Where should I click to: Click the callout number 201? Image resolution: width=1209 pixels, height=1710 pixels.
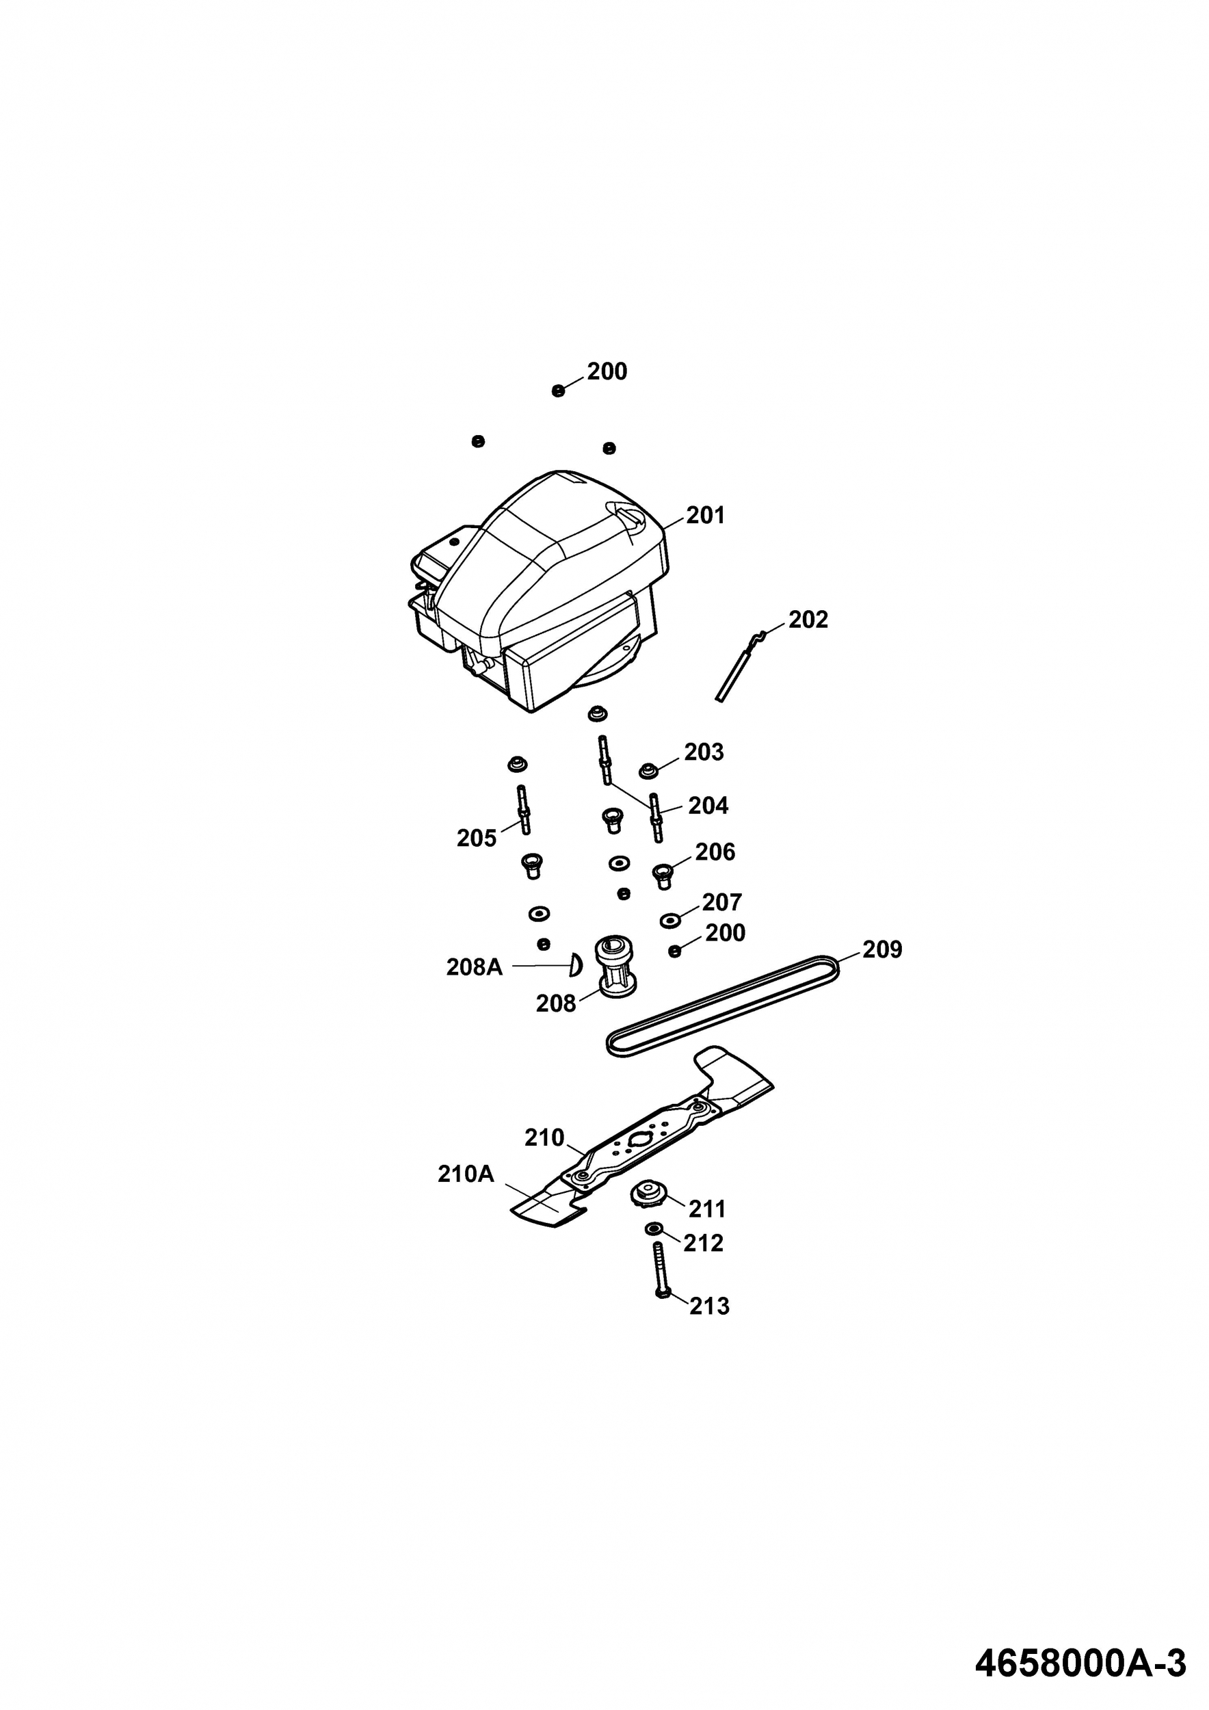(704, 515)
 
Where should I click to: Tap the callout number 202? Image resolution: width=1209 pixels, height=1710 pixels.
(807, 620)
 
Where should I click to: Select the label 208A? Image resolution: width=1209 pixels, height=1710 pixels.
(474, 967)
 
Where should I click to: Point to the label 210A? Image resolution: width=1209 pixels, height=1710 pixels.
(465, 1174)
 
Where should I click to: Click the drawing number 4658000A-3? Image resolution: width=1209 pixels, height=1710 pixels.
(1080, 1658)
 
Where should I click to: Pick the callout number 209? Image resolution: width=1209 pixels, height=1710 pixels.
(881, 949)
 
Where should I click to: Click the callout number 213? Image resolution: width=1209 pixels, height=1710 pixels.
(708, 1306)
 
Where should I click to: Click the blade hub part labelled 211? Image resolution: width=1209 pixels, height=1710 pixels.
(647, 1196)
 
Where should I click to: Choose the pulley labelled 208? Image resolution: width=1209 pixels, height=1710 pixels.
(615, 970)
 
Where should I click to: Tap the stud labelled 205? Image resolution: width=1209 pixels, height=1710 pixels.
(524, 811)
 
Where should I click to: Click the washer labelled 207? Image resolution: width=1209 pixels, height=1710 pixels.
(670, 921)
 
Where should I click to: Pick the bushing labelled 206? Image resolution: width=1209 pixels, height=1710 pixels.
(661, 875)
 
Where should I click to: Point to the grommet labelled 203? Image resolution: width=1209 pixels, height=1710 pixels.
(648, 770)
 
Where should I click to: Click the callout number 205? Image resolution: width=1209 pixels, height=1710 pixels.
(476, 839)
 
